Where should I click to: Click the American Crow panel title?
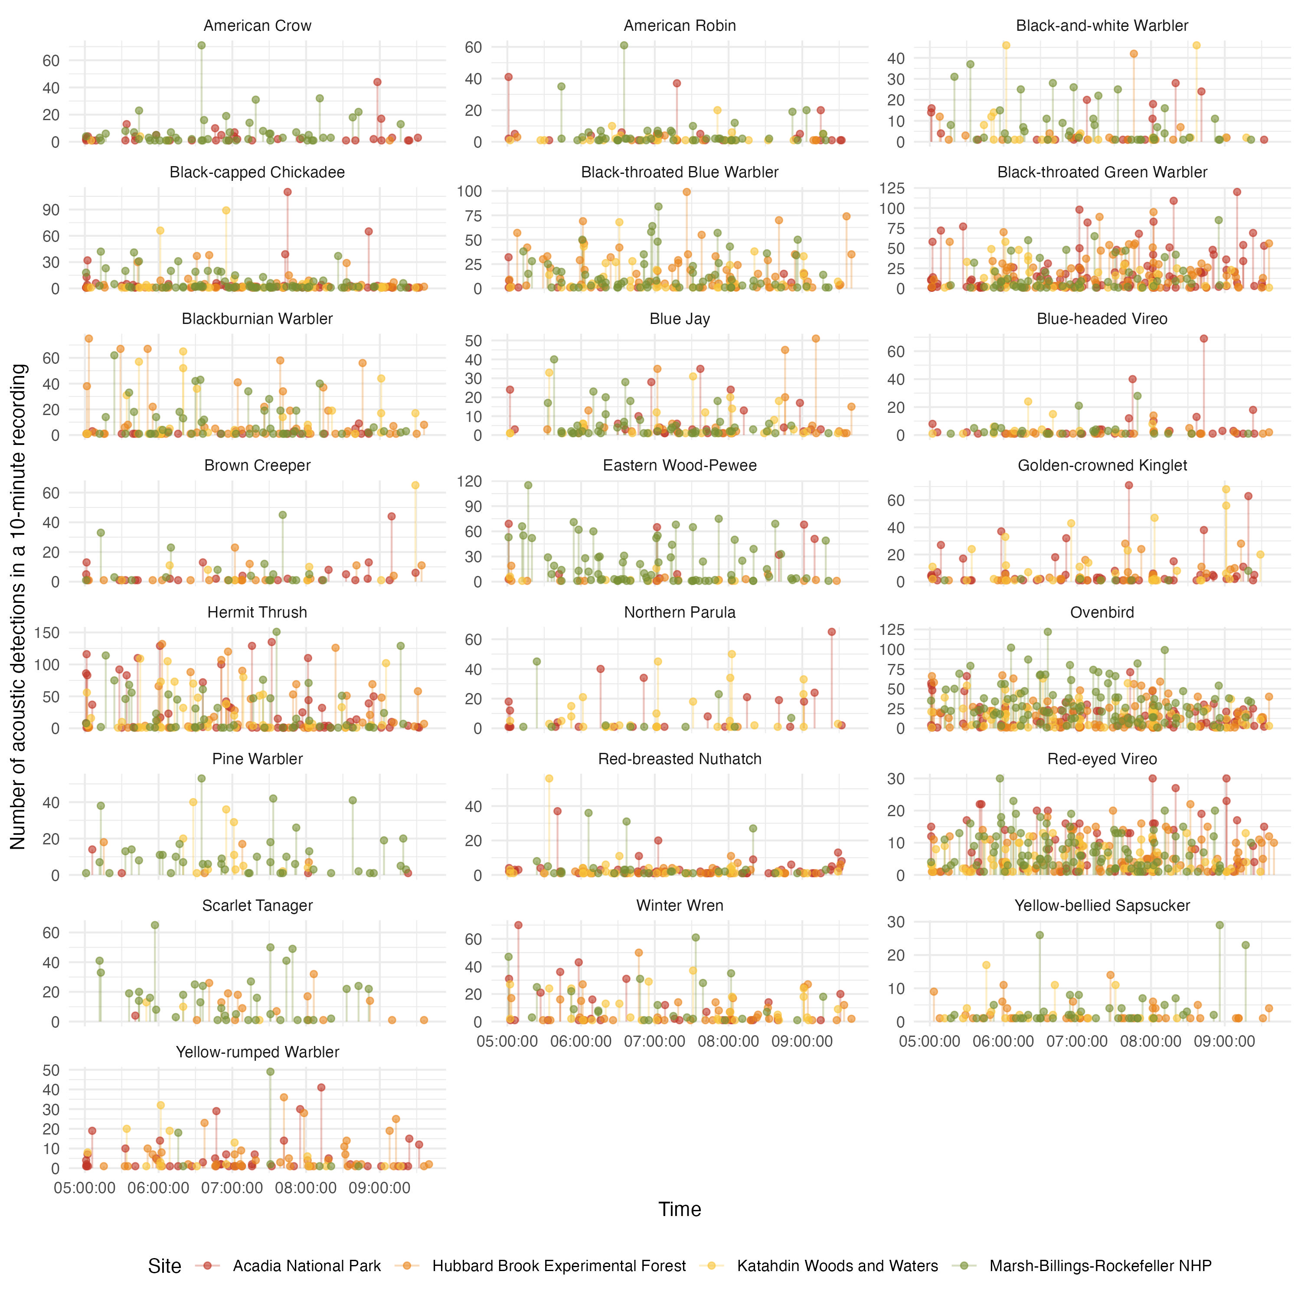coord(257,26)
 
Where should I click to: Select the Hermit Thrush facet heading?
coord(257,612)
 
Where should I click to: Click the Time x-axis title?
coord(680,1209)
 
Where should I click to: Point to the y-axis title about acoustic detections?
coord(18,606)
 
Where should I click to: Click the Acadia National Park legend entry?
coord(307,1266)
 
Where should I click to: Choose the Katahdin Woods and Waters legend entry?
coord(837,1266)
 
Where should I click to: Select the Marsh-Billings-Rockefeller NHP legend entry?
coord(1100,1266)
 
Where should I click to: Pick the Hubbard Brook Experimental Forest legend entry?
coord(559,1266)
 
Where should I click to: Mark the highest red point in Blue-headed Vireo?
coord(1203,339)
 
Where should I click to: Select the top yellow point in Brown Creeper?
coord(415,485)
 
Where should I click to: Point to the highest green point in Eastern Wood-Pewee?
coord(528,485)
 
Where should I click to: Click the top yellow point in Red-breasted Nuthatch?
coord(549,778)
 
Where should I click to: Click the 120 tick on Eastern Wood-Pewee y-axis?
coord(469,481)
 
